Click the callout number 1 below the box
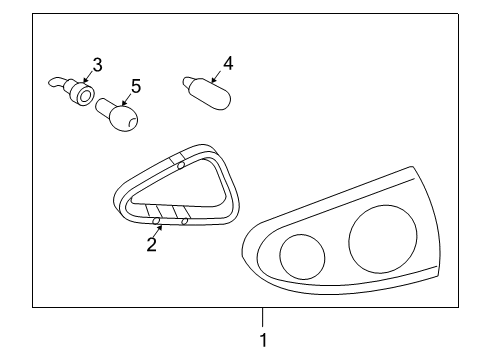click(x=263, y=341)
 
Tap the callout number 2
click(x=152, y=245)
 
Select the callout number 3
click(x=97, y=65)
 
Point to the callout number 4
click(x=228, y=63)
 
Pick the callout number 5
click(x=135, y=86)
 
